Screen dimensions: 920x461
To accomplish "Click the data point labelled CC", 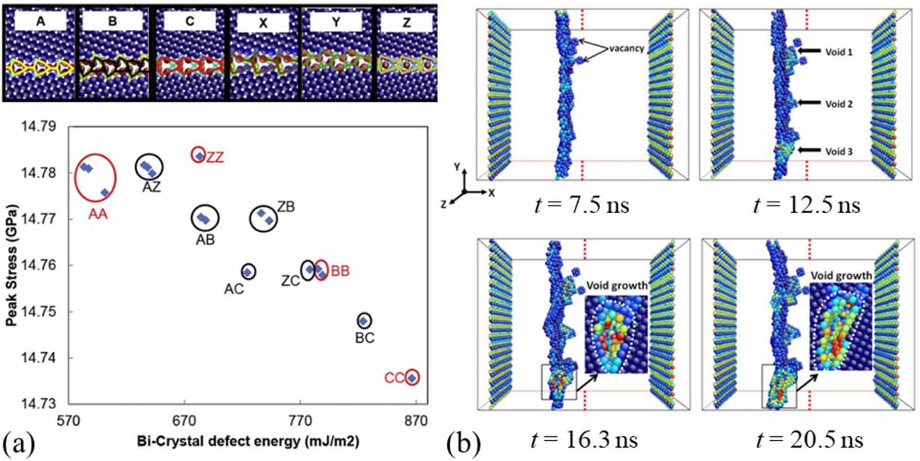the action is pyautogui.click(x=412, y=378).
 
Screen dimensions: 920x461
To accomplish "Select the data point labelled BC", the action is pyautogui.click(x=363, y=321).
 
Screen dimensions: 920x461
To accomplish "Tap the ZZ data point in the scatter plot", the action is pyautogui.click(x=200, y=156).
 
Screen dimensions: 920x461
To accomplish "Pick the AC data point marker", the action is pyautogui.click(x=247, y=272).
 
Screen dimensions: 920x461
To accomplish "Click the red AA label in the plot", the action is pyautogui.click(x=98, y=214).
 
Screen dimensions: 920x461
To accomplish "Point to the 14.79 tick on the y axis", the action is pyautogui.click(x=39, y=126).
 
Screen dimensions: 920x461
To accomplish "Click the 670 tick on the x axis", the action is pyautogui.click(x=185, y=421).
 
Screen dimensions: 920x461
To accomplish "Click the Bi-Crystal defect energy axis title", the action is pyautogui.click(x=248, y=441).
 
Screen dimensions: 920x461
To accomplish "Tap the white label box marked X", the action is pyautogui.click(x=263, y=22).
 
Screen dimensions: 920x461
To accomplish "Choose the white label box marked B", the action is pyautogui.click(x=113, y=21).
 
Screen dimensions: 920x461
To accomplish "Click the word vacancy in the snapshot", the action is pyautogui.click(x=626, y=48).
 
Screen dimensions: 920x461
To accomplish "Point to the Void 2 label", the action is pyautogui.click(x=839, y=104).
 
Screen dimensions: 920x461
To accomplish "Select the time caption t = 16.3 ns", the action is pyautogui.click(x=584, y=439).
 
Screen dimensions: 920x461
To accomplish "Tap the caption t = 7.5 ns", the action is pyautogui.click(x=581, y=205).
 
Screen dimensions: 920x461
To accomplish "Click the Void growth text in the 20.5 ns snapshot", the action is pyautogui.click(x=841, y=276).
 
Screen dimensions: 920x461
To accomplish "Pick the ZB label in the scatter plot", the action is pyautogui.click(x=286, y=207).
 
